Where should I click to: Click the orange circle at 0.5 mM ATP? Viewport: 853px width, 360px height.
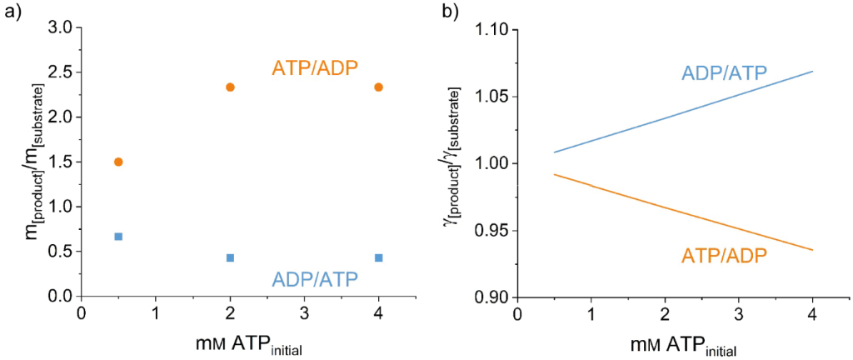[x=118, y=162]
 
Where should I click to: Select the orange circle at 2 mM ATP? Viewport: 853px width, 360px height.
[x=231, y=87]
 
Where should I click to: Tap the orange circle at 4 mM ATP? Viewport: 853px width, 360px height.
[x=379, y=87]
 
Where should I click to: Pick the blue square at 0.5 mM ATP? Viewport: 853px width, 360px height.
[x=118, y=237]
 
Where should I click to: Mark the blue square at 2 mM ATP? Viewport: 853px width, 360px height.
[x=231, y=257]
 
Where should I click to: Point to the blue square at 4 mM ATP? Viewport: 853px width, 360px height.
[x=379, y=257]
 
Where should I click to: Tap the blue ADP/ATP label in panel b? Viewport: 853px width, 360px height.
[x=725, y=72]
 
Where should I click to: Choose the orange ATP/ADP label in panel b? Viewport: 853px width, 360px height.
[x=725, y=256]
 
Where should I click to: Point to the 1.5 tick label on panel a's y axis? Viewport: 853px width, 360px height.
[x=58, y=162]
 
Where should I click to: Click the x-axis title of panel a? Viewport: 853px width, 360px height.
[x=248, y=346]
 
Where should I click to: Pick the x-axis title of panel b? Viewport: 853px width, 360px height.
[x=684, y=346]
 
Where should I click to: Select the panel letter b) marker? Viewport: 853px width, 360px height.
[x=451, y=12]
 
